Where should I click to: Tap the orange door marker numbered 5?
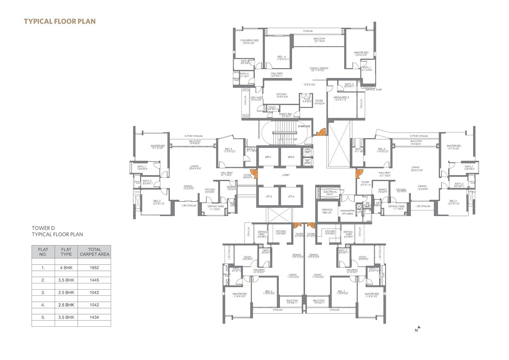[x=254, y=173]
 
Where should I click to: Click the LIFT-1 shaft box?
[x=268, y=157]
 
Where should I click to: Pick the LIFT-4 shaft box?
[x=291, y=196]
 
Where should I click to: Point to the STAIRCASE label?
[x=304, y=126]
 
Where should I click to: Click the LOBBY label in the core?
[x=286, y=175]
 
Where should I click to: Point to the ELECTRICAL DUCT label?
[x=330, y=193]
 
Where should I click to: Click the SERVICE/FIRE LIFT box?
[x=327, y=211]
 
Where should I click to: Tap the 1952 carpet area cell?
[x=94, y=268]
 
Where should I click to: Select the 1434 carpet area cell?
[x=94, y=317]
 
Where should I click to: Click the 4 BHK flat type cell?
[x=66, y=268]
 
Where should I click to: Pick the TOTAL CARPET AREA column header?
[x=94, y=252]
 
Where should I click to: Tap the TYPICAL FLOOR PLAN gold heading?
[x=60, y=21]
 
